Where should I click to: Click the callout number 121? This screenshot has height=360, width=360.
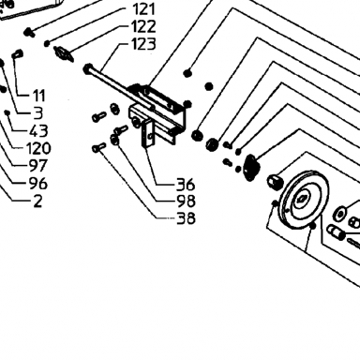click(x=143, y=9)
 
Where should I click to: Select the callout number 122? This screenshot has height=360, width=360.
click(x=143, y=26)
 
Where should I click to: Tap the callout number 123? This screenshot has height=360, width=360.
click(x=143, y=44)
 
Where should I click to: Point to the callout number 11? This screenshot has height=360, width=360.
click(x=38, y=96)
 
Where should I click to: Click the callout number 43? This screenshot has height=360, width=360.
click(x=38, y=130)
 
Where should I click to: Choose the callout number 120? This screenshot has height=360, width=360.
click(x=38, y=148)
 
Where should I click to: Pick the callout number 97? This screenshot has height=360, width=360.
click(x=38, y=166)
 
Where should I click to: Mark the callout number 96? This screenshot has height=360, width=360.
click(x=38, y=183)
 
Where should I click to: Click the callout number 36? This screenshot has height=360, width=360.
click(x=186, y=185)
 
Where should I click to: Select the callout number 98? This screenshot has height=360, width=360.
click(x=186, y=202)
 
